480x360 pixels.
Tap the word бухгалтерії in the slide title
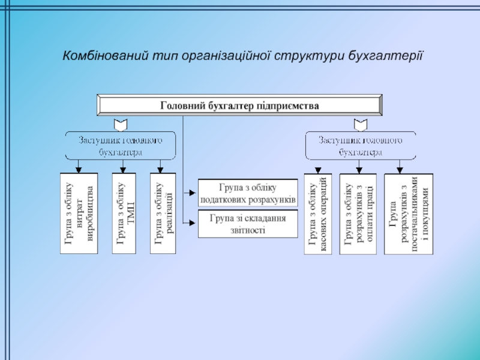(x=388, y=56)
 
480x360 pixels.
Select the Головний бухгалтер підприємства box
(x=239, y=105)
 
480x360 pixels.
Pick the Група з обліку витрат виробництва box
(x=79, y=214)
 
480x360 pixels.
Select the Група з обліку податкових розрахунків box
(x=248, y=193)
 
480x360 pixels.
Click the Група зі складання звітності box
(x=248, y=224)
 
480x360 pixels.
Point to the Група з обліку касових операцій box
(x=317, y=214)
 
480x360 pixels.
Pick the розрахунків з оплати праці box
(x=358, y=214)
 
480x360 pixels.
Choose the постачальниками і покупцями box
(x=408, y=214)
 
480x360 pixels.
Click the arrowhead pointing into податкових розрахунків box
(x=193, y=193)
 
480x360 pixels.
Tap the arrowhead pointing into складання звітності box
(x=193, y=223)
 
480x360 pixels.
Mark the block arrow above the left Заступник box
(x=121, y=124)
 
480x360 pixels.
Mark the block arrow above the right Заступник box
(x=360, y=124)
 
